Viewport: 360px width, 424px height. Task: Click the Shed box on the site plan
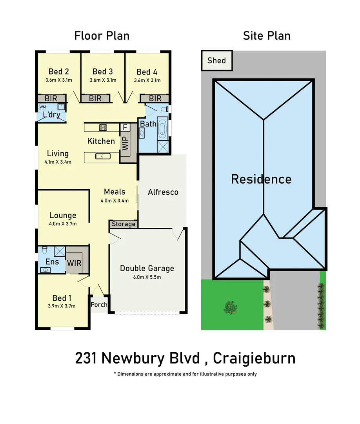click(217, 60)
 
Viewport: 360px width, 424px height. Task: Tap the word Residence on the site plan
click(261, 179)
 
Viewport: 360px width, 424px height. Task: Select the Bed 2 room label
click(59, 71)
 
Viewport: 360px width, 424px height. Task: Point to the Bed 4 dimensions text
click(147, 80)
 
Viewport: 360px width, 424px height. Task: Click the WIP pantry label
click(125, 144)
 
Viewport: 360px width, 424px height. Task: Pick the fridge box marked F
click(125, 128)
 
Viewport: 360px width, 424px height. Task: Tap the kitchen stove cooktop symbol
click(104, 127)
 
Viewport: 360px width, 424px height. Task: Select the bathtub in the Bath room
click(162, 129)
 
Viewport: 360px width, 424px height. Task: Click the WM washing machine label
click(42, 106)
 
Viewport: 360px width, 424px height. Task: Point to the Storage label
click(124, 224)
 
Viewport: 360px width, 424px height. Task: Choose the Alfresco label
click(163, 192)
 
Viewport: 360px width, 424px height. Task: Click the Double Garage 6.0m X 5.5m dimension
click(147, 277)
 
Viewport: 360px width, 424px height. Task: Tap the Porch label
click(99, 305)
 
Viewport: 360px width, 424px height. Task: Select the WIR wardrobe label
click(74, 263)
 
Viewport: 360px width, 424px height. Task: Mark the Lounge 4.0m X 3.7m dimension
click(63, 224)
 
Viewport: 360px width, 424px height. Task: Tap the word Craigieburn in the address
click(255, 358)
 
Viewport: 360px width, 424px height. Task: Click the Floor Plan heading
click(102, 36)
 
